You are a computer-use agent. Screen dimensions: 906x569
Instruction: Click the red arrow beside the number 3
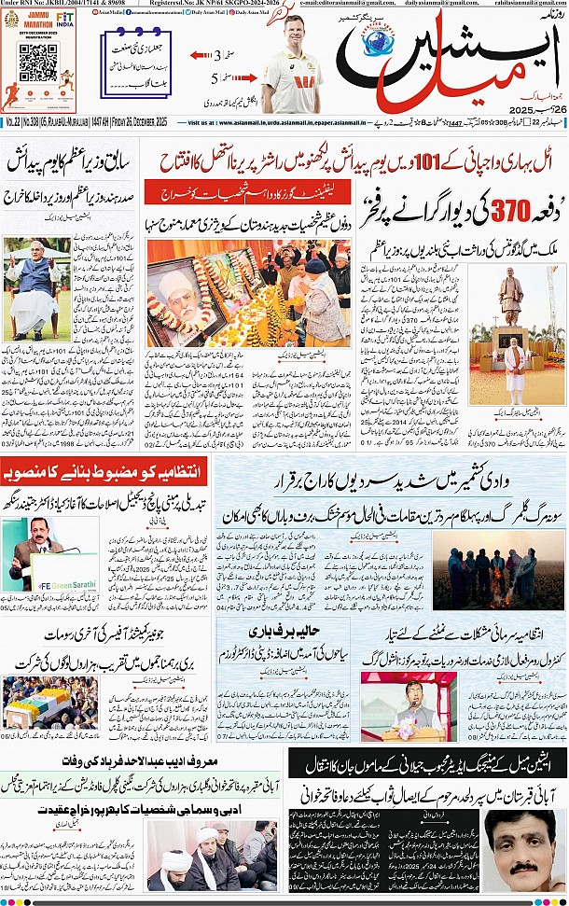(201, 56)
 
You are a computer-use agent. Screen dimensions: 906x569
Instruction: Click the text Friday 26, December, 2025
(144, 122)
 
